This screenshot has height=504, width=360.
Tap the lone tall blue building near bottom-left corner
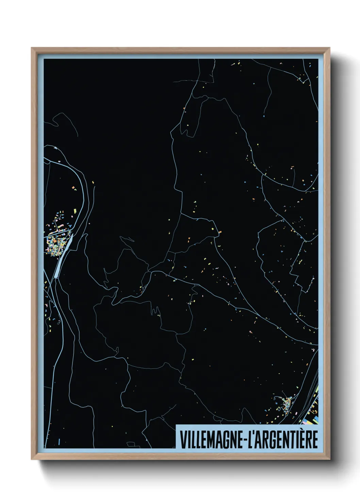pyautogui.click(x=59, y=442)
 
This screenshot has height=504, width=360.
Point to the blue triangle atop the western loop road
pyautogui.click(x=55, y=148)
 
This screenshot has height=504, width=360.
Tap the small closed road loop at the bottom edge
pyautogui.click(x=131, y=444)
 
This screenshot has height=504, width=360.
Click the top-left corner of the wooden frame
pyautogui.click(x=32, y=48)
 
